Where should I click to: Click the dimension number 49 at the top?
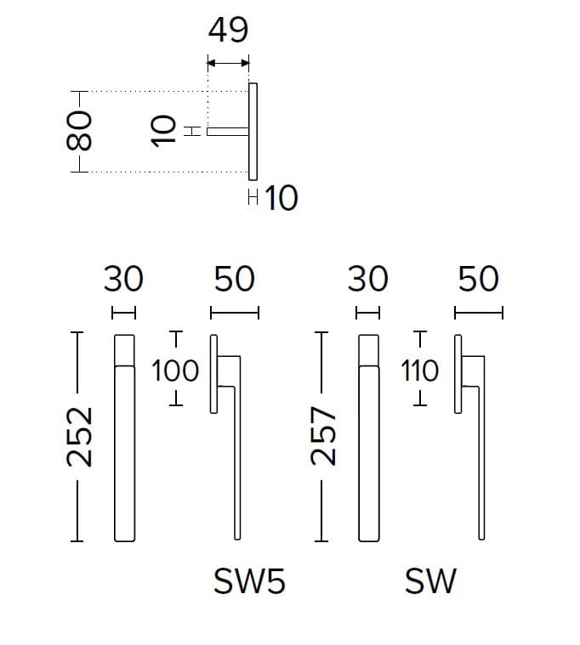coord(228,30)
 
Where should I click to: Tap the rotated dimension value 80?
coord(79,131)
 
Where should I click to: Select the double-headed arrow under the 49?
coord(228,63)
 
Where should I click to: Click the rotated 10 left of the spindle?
coord(164,131)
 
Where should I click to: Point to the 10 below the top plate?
coord(281,198)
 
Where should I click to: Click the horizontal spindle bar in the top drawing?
coord(228,132)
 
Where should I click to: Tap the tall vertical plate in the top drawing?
coord(253,132)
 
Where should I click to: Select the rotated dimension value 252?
coord(79,437)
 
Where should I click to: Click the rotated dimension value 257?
coord(323,436)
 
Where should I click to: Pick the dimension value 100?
coord(175,371)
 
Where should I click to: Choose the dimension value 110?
coord(419,371)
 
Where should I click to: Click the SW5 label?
coord(249,581)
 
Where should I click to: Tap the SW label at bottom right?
coord(430,581)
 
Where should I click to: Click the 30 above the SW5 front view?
coord(123,279)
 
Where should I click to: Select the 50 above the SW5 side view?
coord(235,279)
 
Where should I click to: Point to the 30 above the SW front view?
coord(367,279)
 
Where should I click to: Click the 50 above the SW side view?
coord(479,279)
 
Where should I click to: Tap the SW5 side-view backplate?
coord(213,374)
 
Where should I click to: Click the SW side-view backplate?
coord(458,374)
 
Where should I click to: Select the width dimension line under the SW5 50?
coord(235,313)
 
